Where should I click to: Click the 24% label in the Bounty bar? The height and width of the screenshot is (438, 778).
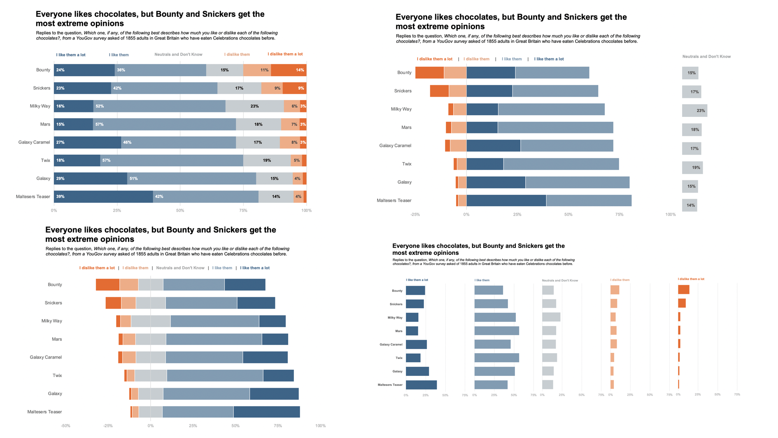pyautogui.click(x=61, y=70)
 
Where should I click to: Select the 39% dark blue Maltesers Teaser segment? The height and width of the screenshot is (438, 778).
pyautogui.click(x=103, y=197)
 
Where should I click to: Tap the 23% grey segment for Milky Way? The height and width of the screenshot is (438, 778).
pyautogui.click(x=254, y=106)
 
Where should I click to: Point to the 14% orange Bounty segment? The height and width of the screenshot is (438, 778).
pyautogui.click(x=289, y=70)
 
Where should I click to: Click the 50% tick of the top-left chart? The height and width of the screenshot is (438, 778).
pyautogui.click(x=180, y=210)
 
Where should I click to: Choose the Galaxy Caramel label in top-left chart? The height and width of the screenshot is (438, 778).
pyautogui.click(x=34, y=142)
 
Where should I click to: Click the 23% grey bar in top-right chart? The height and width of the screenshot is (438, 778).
pyautogui.click(x=694, y=110)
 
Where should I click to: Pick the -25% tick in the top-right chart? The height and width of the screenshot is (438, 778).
pyautogui.click(x=415, y=214)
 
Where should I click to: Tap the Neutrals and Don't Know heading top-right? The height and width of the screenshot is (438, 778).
pyautogui.click(x=706, y=56)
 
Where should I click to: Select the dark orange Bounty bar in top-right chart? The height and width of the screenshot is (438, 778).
pyautogui.click(x=429, y=72)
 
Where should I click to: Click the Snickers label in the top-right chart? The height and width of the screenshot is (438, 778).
pyautogui.click(x=403, y=91)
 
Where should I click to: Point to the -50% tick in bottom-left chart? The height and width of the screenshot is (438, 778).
pyautogui.click(x=65, y=426)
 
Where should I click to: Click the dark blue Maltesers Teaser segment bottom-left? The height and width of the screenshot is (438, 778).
pyautogui.click(x=266, y=412)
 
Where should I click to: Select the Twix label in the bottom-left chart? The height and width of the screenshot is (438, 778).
pyautogui.click(x=57, y=375)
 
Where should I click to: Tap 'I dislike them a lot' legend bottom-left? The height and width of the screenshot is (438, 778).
pyautogui.click(x=97, y=268)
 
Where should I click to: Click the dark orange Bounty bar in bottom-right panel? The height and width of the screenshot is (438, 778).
pyautogui.click(x=683, y=289)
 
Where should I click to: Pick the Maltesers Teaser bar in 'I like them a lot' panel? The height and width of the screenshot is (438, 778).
pyautogui.click(x=421, y=385)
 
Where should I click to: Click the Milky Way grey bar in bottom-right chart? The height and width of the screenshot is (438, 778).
pyautogui.click(x=551, y=317)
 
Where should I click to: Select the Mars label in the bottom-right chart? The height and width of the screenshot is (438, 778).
pyautogui.click(x=398, y=331)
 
